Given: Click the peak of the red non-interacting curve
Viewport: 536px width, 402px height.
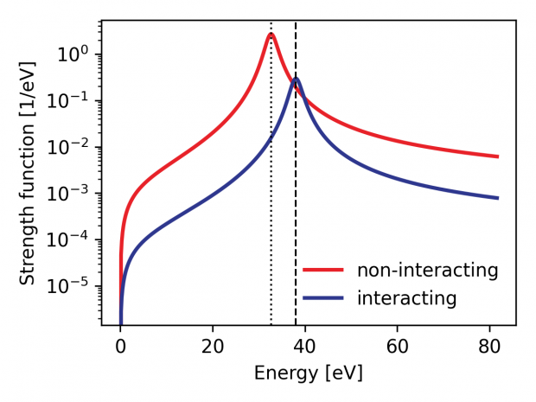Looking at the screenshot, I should pyautogui.click(x=271, y=35).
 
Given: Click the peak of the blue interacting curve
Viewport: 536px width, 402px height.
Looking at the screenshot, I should pyautogui.click(x=296, y=79).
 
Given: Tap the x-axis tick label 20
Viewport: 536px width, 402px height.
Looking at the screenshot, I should pyautogui.click(x=213, y=348).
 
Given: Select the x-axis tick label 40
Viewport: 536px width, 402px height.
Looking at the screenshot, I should pyautogui.click(x=305, y=348).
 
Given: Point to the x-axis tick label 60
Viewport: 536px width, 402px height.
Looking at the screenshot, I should pyautogui.click(x=398, y=348).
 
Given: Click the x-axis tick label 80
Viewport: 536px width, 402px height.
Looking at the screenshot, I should pyautogui.click(x=490, y=348).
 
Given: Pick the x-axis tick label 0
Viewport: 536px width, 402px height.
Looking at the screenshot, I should pyautogui.click(x=120, y=348).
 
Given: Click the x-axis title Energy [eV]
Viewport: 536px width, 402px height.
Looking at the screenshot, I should pyautogui.click(x=309, y=373).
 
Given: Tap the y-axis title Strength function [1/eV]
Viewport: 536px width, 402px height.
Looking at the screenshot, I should pyautogui.click(x=28, y=173).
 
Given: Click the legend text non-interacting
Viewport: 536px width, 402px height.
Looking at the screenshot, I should pyautogui.click(x=428, y=270).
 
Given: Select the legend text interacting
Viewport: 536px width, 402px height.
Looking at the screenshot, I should pyautogui.click(x=406, y=298).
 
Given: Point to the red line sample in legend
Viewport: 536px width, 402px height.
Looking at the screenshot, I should pyautogui.click(x=323, y=270).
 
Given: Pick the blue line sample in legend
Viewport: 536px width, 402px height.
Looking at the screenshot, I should pyautogui.click(x=323, y=298).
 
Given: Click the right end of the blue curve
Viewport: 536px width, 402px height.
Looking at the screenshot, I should pyautogui.click(x=498, y=198).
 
